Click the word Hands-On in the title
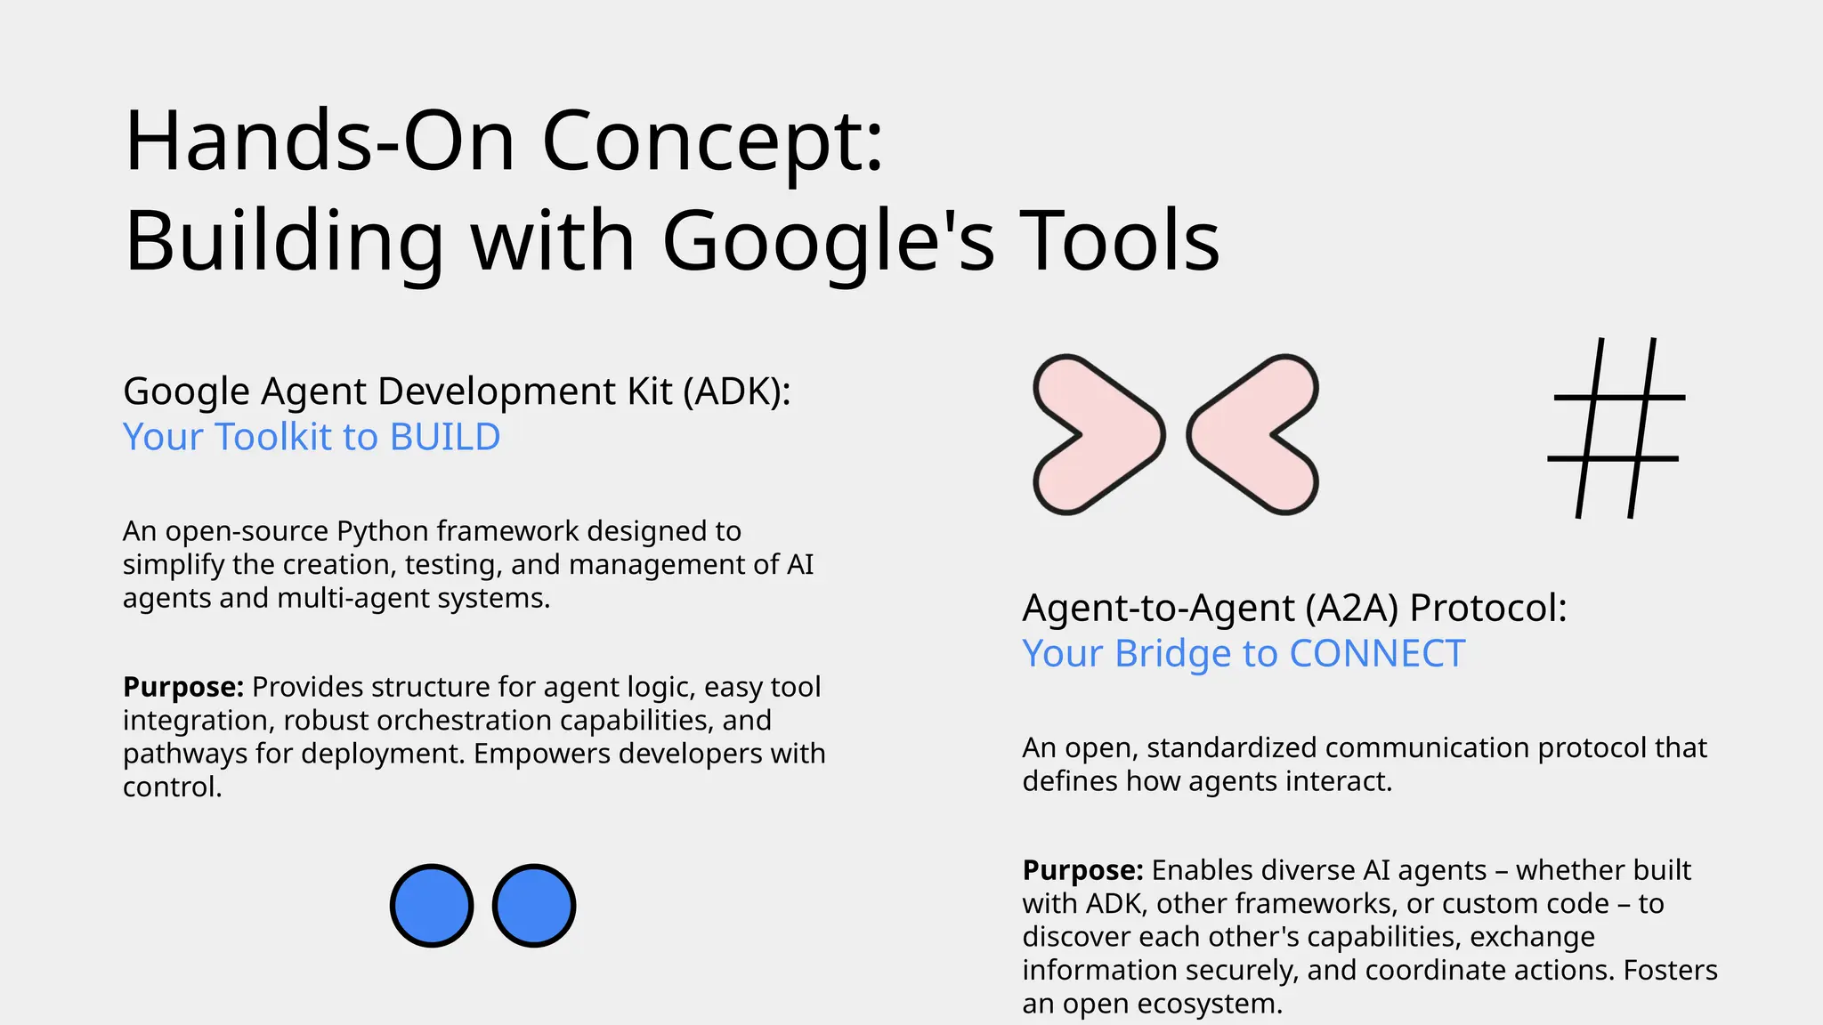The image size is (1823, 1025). click(x=320, y=142)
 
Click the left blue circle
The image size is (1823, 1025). click(x=432, y=906)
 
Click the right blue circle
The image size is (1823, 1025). click(x=534, y=906)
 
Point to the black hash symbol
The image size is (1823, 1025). click(x=1616, y=428)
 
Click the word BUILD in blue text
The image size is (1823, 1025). click(x=445, y=437)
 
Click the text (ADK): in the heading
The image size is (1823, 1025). click(x=737, y=391)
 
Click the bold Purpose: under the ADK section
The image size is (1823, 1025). click(x=182, y=687)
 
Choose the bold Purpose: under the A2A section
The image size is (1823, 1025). click(x=1082, y=870)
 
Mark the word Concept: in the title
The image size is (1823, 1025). click(x=712, y=142)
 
